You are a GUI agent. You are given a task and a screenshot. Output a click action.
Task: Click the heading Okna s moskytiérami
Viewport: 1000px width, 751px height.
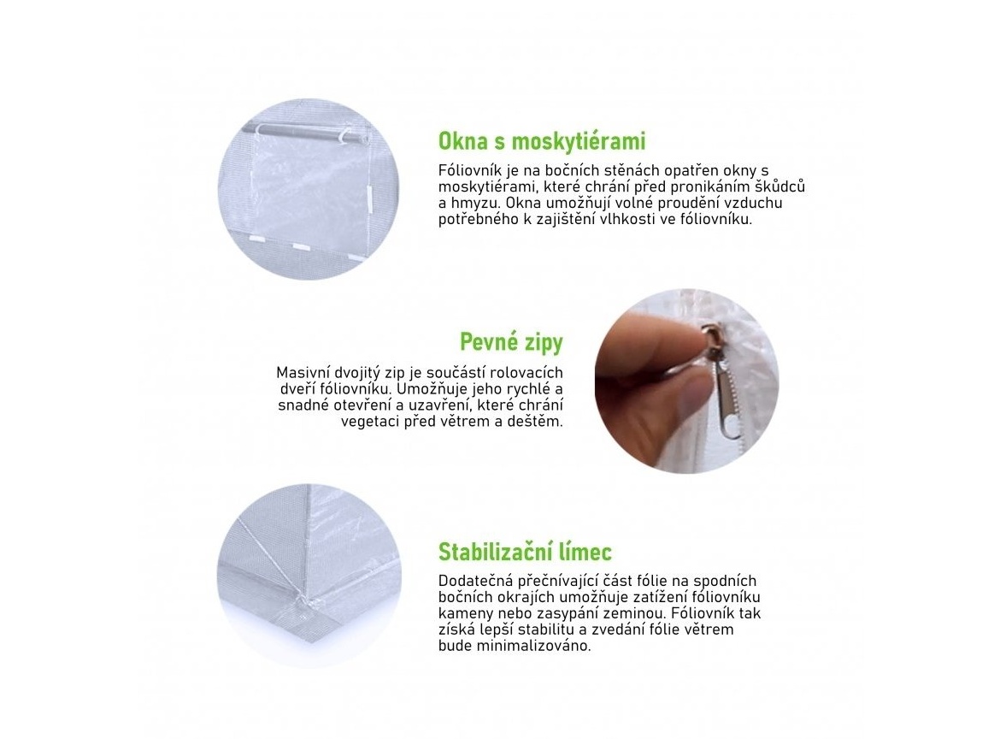pyautogui.click(x=542, y=141)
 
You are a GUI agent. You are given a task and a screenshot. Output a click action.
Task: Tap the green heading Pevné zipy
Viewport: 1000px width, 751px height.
pyautogui.click(x=511, y=343)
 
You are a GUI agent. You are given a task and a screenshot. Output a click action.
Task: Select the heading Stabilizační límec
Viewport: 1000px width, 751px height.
pyautogui.click(x=525, y=552)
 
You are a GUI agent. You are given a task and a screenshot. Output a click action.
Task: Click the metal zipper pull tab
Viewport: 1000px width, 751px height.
pyautogui.click(x=725, y=406)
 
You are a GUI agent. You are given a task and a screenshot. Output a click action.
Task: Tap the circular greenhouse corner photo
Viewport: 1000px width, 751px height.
pyautogui.click(x=309, y=576)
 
